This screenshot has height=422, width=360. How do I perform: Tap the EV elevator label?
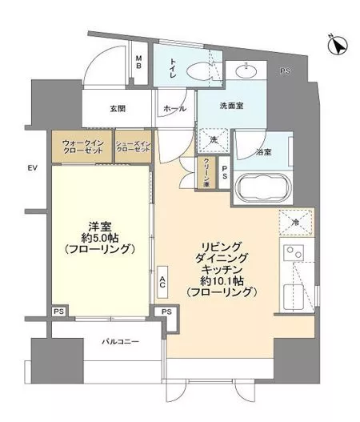tap(33, 168)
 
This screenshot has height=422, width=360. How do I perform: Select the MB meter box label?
tap(138, 62)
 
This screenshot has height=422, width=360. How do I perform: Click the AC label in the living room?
tap(162, 280)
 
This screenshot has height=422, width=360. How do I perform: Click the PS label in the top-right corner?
tap(285, 73)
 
